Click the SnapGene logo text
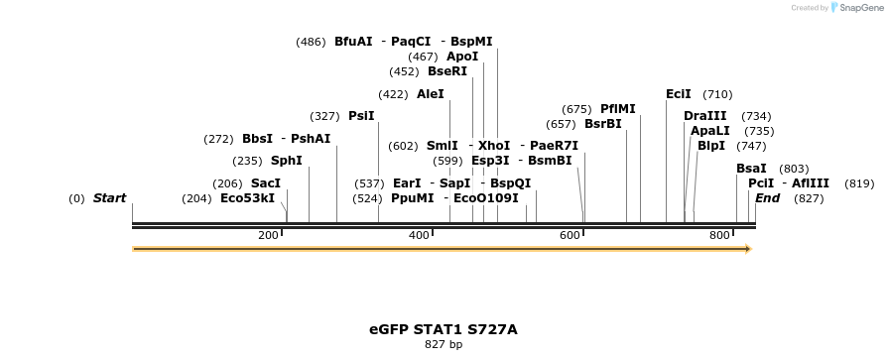pos(859,7)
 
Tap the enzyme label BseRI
pos(446,71)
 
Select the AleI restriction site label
pos(431,94)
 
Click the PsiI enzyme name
pos(361,116)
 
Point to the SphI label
pos(286,161)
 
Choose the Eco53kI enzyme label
pos(247,198)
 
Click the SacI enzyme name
pos(265,183)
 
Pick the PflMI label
pos(617,109)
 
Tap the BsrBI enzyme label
pos(602,124)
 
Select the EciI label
pos(679,94)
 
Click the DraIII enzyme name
pos(704,116)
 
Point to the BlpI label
pos(710,146)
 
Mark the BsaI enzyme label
pos(751,169)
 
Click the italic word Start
pos(109,198)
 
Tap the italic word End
pos(767,198)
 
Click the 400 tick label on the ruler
pos(419,235)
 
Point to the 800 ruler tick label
pos(719,235)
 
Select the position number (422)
pos(393,94)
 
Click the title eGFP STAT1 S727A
pos(443,329)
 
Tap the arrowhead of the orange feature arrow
pos(749,249)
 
